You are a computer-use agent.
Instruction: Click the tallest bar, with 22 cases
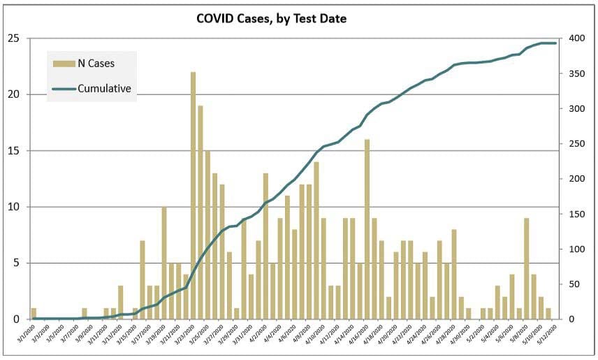(193, 196)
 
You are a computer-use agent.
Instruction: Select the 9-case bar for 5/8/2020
(526, 268)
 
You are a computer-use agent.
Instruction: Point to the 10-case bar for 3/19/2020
(164, 263)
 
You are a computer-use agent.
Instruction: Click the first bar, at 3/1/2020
(34, 313)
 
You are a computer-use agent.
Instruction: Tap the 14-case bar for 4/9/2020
(316, 240)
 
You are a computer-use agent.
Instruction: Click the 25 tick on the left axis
(13, 38)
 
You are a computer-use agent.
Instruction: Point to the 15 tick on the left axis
(13, 150)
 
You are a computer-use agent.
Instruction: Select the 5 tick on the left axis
(16, 263)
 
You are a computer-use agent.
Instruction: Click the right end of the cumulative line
(555, 43)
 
